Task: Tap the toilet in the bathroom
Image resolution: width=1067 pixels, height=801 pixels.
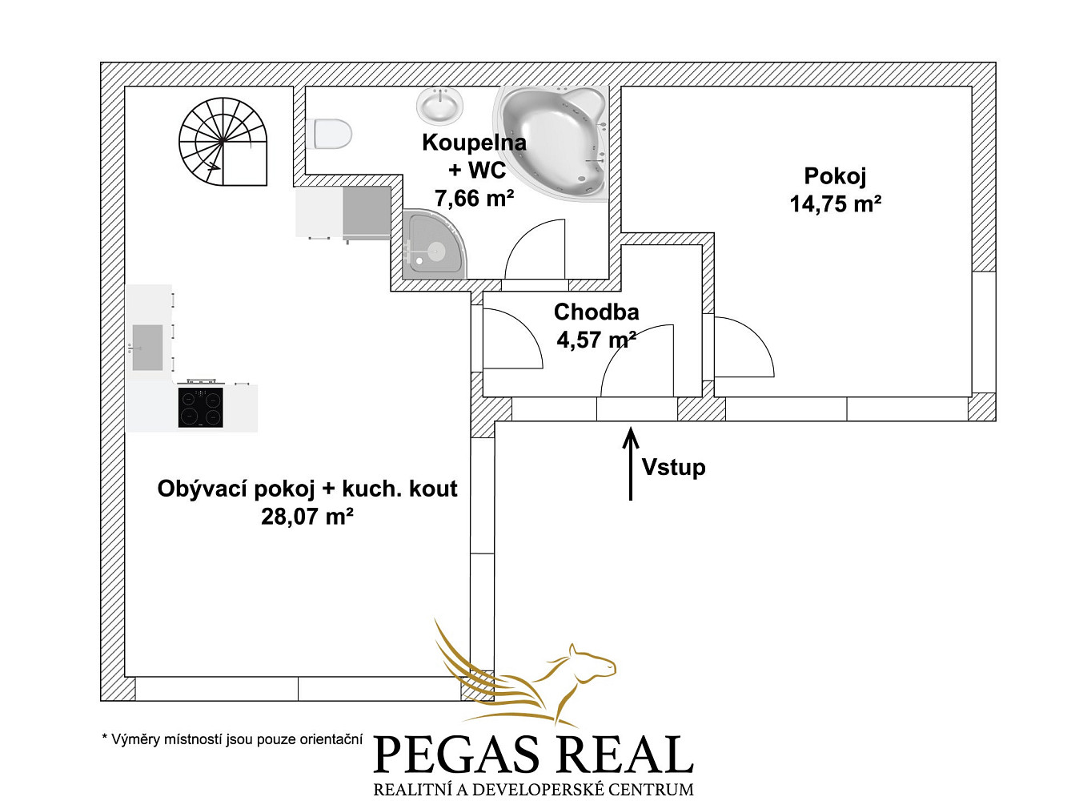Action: coord(329,133)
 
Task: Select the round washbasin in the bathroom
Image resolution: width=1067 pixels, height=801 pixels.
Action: coord(439,106)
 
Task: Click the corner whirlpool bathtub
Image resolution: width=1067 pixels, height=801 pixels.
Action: coord(552,144)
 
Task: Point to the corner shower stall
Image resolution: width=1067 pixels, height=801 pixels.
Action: coord(434,244)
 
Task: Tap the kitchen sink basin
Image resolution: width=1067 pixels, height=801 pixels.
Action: coord(147,348)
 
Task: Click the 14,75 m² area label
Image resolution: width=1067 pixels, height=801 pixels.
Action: coord(835,203)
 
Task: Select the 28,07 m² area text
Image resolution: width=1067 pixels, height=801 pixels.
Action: coord(307,516)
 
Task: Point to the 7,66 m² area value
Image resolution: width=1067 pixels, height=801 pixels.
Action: coord(474,198)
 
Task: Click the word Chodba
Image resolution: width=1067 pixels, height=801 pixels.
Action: coord(596,312)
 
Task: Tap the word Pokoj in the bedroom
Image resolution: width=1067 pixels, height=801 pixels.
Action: coord(835,175)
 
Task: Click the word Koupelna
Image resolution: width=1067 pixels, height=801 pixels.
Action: coord(474,142)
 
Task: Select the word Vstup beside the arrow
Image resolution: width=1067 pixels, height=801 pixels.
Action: coord(673,467)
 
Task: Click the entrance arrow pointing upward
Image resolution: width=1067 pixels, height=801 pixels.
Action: coord(631,464)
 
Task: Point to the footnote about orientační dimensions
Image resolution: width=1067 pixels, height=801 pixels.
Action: coord(232,739)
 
